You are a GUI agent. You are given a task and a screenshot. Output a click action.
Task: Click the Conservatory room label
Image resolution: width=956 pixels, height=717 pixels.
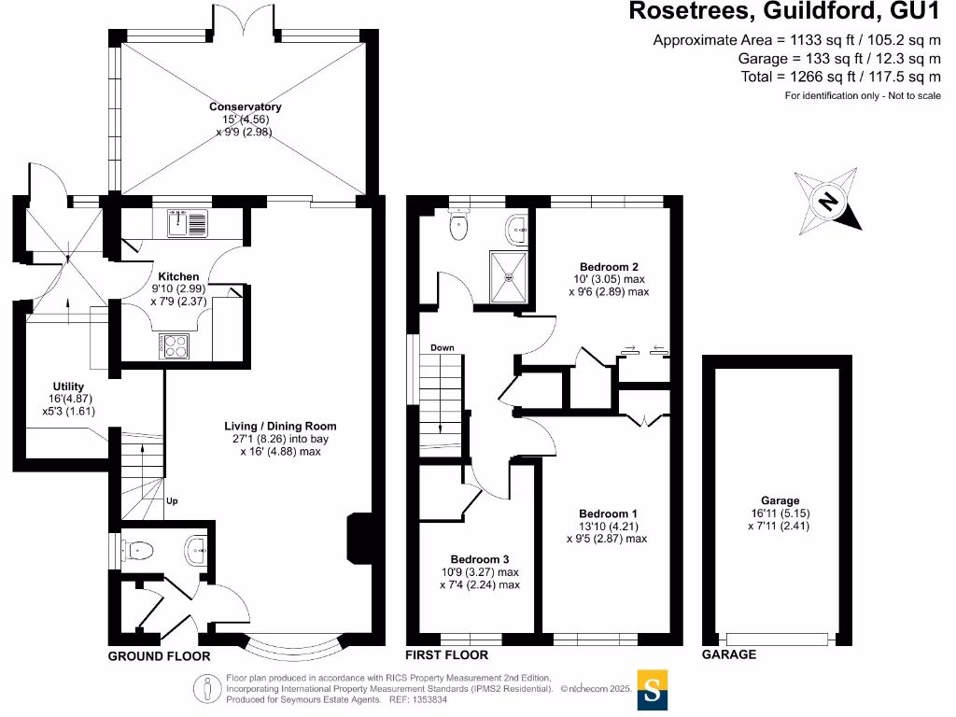(246, 106)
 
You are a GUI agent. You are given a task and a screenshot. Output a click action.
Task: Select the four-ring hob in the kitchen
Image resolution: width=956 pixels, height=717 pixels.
(175, 345)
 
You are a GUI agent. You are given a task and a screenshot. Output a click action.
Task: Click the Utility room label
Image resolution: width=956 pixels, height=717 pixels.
(69, 387)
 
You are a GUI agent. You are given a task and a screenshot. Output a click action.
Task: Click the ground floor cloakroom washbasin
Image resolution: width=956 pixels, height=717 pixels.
(197, 549)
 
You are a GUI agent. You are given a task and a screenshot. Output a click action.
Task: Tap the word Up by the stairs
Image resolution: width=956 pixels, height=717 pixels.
(171, 501)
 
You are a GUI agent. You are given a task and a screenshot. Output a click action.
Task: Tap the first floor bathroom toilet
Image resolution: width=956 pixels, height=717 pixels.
(457, 226)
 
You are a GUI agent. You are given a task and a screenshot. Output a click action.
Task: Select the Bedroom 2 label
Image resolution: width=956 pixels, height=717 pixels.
(609, 266)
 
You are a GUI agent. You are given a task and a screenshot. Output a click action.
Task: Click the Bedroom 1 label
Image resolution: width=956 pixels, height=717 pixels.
(609, 513)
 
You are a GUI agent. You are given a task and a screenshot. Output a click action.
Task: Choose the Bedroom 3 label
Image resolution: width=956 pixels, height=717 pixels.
(479, 559)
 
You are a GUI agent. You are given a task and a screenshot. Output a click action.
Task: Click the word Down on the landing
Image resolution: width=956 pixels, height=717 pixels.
(442, 348)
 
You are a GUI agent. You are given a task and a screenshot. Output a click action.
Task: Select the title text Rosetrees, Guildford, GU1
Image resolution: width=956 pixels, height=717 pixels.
(783, 12)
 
